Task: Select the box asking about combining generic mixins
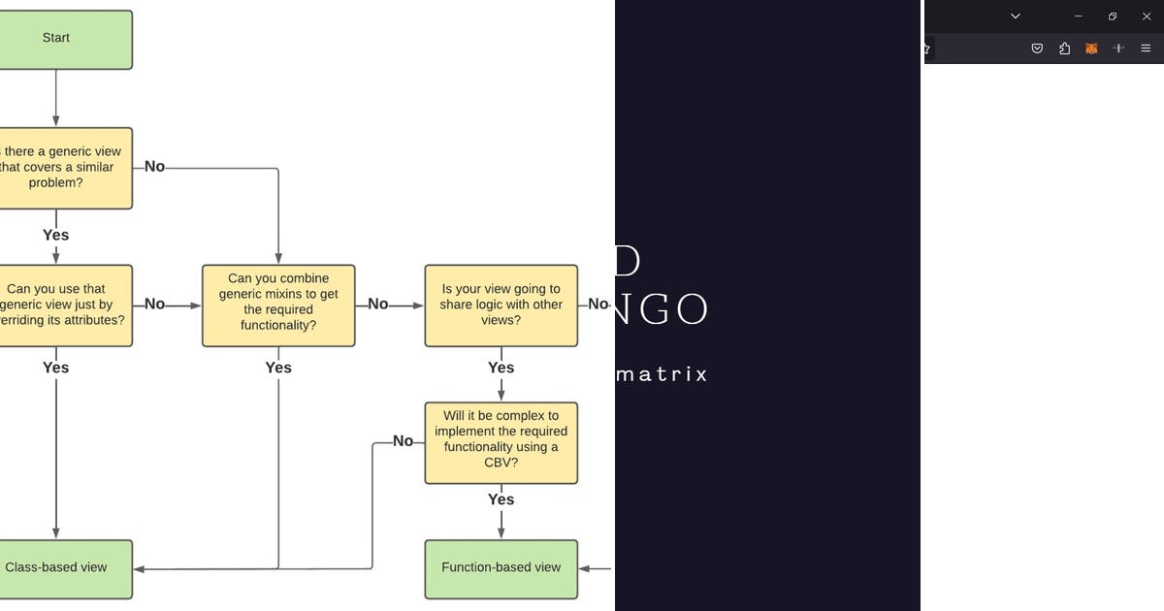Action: [x=278, y=305]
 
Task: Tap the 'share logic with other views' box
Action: [x=501, y=305]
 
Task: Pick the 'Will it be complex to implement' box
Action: [x=501, y=442]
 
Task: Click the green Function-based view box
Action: [x=501, y=568]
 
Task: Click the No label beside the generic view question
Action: [x=154, y=167]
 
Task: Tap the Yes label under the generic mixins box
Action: [x=278, y=368]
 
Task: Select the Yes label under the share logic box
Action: [x=501, y=368]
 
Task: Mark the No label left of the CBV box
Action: [x=403, y=441]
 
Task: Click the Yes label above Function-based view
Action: [x=501, y=499]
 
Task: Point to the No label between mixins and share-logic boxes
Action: [x=377, y=305]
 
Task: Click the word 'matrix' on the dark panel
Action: [x=662, y=374]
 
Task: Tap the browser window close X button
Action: [x=1146, y=16]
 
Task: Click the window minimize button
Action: [x=1078, y=16]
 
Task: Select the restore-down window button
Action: [x=1112, y=16]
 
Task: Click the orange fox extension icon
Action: [x=1091, y=48]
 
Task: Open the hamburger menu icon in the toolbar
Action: [x=1145, y=48]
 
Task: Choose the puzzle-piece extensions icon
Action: [x=1064, y=48]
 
